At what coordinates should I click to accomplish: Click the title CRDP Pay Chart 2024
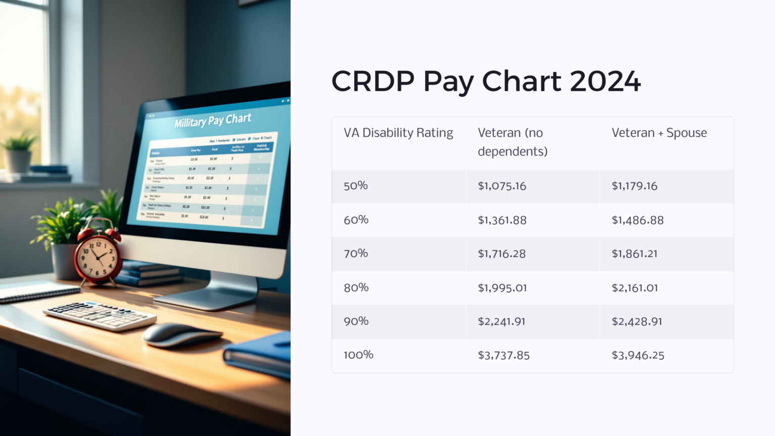pyautogui.click(x=485, y=81)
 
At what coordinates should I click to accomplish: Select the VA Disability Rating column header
pyautogui.click(x=398, y=133)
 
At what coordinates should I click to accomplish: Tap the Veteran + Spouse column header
pyautogui.click(x=659, y=133)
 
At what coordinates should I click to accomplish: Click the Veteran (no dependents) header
pyautogui.click(x=512, y=142)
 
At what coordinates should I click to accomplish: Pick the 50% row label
pyautogui.click(x=356, y=186)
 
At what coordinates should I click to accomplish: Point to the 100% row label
pyautogui.click(x=358, y=355)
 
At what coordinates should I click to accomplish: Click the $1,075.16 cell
pyautogui.click(x=502, y=186)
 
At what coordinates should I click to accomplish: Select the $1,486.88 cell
pyautogui.click(x=637, y=220)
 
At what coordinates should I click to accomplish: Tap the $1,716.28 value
pyautogui.click(x=502, y=254)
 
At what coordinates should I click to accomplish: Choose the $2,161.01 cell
pyautogui.click(x=634, y=288)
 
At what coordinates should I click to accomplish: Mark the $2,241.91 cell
pyautogui.click(x=501, y=321)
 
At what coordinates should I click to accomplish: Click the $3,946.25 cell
pyautogui.click(x=638, y=355)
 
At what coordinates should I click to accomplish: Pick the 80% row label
pyautogui.click(x=356, y=288)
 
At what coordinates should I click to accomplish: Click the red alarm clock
pyautogui.click(x=98, y=255)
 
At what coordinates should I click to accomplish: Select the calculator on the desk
pyautogui.click(x=100, y=315)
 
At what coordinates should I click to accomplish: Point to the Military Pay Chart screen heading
pyautogui.click(x=212, y=121)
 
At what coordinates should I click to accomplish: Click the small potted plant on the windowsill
pyautogui.click(x=18, y=151)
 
